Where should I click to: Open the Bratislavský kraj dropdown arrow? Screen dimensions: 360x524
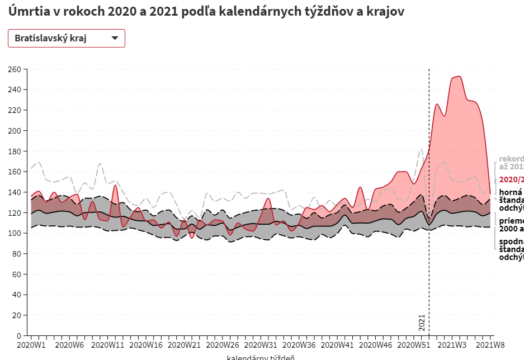(115, 38)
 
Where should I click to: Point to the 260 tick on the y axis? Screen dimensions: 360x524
(14, 69)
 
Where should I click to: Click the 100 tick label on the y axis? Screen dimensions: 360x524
(14, 233)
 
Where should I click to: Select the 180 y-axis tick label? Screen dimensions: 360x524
(14, 151)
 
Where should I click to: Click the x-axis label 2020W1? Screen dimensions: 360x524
(31, 345)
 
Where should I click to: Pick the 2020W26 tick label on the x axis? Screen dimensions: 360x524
(223, 345)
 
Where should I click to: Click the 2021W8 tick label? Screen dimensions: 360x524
(490, 345)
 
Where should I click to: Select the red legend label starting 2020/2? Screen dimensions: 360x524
(511, 179)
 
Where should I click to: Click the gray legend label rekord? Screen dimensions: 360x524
(511, 159)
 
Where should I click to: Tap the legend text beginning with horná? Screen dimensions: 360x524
(511, 192)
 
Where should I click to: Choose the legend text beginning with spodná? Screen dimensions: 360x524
(511, 241)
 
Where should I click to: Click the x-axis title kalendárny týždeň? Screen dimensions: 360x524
(261, 357)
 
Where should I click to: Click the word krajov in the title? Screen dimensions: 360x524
(386, 12)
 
